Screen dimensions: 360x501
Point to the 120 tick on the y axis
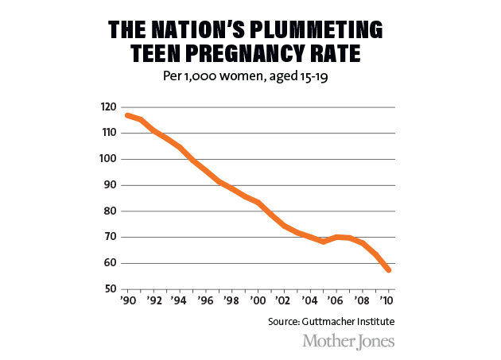(109, 107)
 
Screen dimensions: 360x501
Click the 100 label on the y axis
(109, 159)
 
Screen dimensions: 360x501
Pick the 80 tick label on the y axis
(111, 211)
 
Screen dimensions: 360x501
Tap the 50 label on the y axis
(111, 289)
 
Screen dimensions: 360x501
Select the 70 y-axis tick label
(111, 238)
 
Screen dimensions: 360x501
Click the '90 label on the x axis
(126, 302)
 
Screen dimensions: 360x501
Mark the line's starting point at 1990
(127, 115)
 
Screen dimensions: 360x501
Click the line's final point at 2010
(390, 270)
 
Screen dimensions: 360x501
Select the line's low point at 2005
(323, 241)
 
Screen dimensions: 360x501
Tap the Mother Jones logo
(348, 341)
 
